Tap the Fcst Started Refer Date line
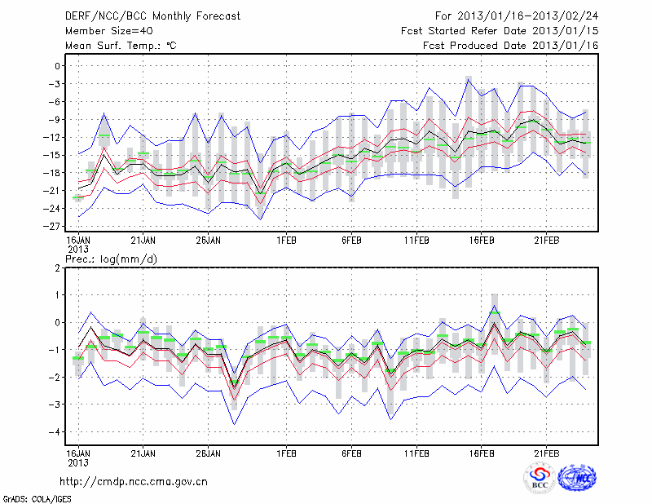coord(500,30)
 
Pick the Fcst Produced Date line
coord(510,46)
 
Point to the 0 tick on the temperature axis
coord(58,66)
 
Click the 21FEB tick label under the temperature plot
coord(546,241)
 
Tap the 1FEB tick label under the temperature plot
coord(285,241)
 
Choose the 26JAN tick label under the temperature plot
coord(208,241)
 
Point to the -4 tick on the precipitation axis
coord(55,432)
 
